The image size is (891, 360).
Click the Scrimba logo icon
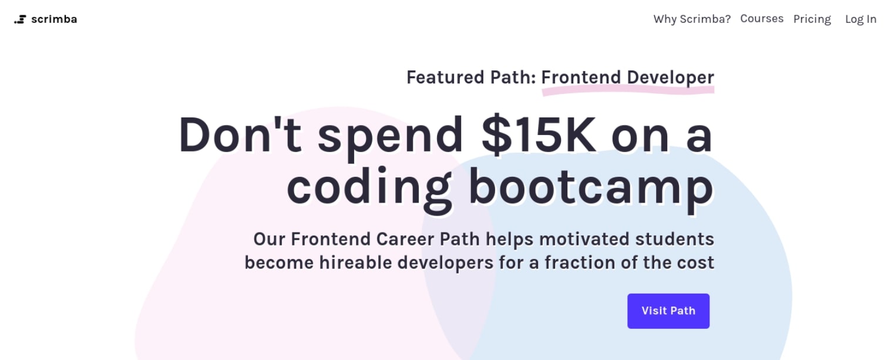pos(20,19)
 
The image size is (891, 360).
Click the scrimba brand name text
pos(54,19)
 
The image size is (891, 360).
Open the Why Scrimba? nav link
pos(692,19)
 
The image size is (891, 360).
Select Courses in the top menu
pos(762,19)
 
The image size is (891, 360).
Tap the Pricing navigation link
pos(812,19)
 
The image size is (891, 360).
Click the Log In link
pos(861,19)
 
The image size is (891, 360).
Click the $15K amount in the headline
pos(539,135)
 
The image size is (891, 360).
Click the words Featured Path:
pos(472,77)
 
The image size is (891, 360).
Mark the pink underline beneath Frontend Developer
pos(628,92)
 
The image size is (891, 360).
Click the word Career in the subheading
pos(405,239)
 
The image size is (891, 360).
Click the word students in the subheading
pos(675,239)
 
